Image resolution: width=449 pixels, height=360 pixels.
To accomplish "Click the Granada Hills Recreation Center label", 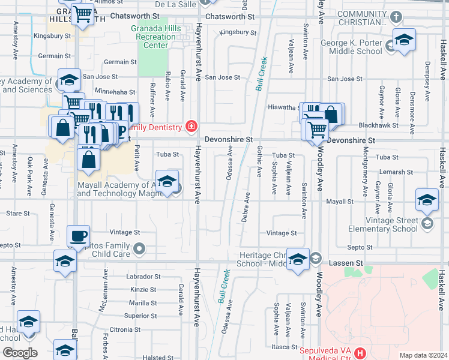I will click(x=155, y=37).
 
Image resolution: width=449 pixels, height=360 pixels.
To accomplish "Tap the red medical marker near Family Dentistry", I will click(x=191, y=126).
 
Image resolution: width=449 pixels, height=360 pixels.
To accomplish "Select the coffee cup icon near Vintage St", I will click(x=77, y=236).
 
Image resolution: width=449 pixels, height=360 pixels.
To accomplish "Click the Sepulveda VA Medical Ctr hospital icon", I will click(x=360, y=353).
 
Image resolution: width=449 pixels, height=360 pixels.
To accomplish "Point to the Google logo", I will click(x=20, y=352).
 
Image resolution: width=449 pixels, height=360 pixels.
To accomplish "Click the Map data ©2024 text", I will click(x=423, y=355).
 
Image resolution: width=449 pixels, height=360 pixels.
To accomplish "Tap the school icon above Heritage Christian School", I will click(x=298, y=259).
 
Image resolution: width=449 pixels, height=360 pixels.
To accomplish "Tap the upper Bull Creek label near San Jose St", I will click(x=262, y=74).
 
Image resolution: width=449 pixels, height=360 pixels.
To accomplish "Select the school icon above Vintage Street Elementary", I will click(x=427, y=200).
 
